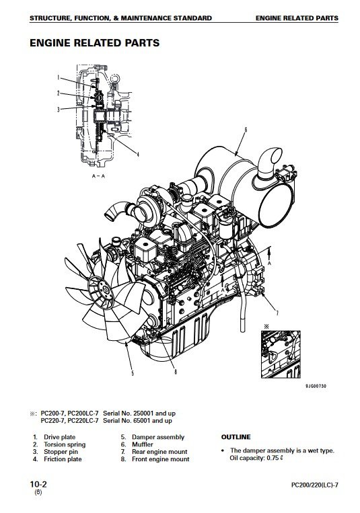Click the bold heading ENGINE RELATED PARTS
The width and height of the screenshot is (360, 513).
pyautogui.click(x=95, y=43)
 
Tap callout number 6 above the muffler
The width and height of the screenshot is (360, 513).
pyautogui.click(x=246, y=130)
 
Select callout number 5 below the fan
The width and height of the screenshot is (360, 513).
pyautogui.click(x=133, y=373)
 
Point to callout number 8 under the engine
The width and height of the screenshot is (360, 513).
pyautogui.click(x=176, y=372)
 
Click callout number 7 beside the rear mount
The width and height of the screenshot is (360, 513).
pyautogui.click(x=277, y=313)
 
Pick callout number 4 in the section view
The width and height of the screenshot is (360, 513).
pyautogui.click(x=138, y=155)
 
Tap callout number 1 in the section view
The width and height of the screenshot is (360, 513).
pyautogui.click(x=58, y=77)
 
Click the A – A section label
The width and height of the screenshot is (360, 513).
pyautogui.click(x=98, y=176)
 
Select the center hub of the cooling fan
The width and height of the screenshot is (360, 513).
pyautogui.click(x=106, y=290)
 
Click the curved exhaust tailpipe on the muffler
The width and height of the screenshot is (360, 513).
pyautogui.click(x=269, y=163)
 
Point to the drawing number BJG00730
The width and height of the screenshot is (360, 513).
pyautogui.click(x=316, y=386)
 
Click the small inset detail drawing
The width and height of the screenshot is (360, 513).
pyautogui.click(x=281, y=354)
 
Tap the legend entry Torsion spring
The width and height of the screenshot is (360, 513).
pyautogui.click(x=65, y=444)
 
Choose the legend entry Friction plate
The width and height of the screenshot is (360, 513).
pyautogui.click(x=63, y=459)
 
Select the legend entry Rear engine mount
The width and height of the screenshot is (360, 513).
pyautogui.click(x=159, y=452)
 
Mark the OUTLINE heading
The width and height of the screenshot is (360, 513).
pyautogui.click(x=236, y=437)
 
